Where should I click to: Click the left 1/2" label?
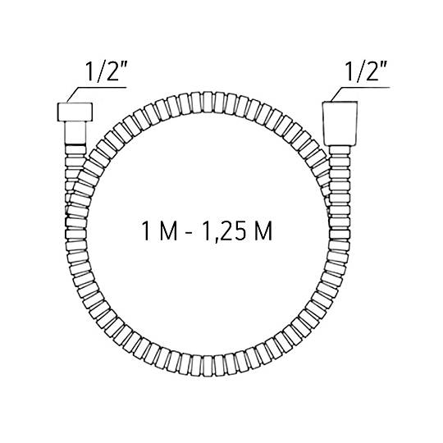point(106,71)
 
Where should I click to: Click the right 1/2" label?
point(366,71)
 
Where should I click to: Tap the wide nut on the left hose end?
point(75,112)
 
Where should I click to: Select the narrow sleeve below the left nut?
point(75,133)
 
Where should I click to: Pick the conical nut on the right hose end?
point(340,123)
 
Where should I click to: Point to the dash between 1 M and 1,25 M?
point(190,233)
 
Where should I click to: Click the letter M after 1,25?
point(263,231)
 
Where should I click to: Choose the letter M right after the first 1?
point(169,231)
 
